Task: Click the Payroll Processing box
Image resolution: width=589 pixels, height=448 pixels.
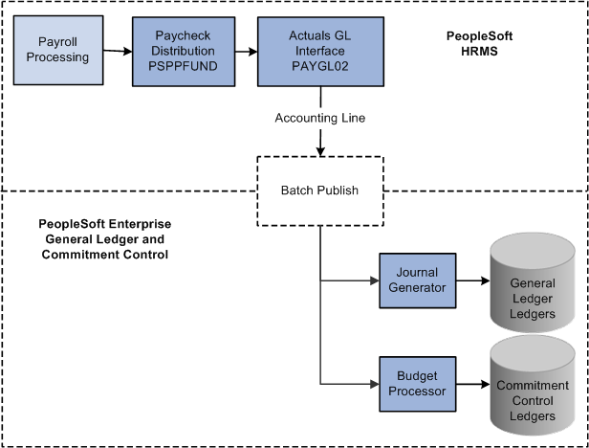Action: coord(58,50)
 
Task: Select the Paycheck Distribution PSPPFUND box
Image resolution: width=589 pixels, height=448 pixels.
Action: coord(184,52)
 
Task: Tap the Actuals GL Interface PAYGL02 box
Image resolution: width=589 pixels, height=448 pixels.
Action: coord(320,52)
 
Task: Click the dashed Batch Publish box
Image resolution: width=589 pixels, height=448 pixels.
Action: coord(320,191)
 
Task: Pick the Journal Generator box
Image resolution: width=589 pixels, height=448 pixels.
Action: coord(418,280)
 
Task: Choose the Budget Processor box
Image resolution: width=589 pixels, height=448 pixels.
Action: coord(418,384)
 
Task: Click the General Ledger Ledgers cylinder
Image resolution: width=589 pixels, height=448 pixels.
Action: coord(533,282)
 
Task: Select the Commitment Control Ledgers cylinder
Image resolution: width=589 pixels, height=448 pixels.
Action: coord(533,386)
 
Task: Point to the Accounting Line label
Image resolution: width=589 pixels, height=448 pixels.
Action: coord(320,118)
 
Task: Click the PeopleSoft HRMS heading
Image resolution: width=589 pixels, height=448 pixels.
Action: coord(479,44)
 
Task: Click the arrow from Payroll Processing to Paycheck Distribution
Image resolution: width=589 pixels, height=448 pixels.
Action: coord(118,51)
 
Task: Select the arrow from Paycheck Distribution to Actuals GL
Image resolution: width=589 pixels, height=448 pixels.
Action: coord(247,52)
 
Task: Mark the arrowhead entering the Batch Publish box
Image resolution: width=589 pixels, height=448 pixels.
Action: coord(320,151)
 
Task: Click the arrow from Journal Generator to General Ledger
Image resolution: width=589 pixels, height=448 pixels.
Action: coord(473,280)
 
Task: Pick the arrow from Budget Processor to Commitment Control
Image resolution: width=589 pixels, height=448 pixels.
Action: coord(473,384)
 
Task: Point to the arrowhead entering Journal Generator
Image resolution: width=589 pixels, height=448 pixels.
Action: coord(375,280)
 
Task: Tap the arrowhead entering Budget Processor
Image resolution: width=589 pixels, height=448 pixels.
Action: coord(375,384)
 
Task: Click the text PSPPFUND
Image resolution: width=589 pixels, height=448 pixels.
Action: coord(183,66)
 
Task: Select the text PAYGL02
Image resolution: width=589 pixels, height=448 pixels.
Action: coord(320,66)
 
